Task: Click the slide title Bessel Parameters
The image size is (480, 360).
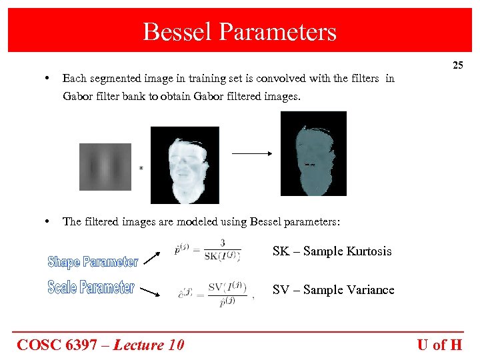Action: pos(239,31)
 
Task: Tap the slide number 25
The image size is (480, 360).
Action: pos(457,65)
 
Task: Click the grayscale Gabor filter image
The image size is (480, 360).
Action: pos(105,167)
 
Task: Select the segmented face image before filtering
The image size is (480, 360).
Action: pos(185,165)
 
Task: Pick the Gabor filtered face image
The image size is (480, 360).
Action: pos(313,153)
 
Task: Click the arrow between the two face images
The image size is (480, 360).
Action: pos(252,154)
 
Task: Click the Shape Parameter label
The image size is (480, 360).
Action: pos(93,262)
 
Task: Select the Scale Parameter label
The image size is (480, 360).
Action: pos(91,287)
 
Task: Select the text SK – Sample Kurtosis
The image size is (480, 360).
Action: pos(332,251)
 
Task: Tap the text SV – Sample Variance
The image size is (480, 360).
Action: pos(333,290)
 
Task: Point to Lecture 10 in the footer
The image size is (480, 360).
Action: pos(148,345)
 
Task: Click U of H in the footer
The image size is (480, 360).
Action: pos(439,345)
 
